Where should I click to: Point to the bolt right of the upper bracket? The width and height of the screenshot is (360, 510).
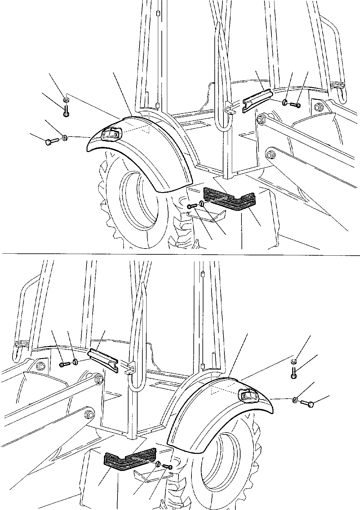[x=295, y=105]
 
